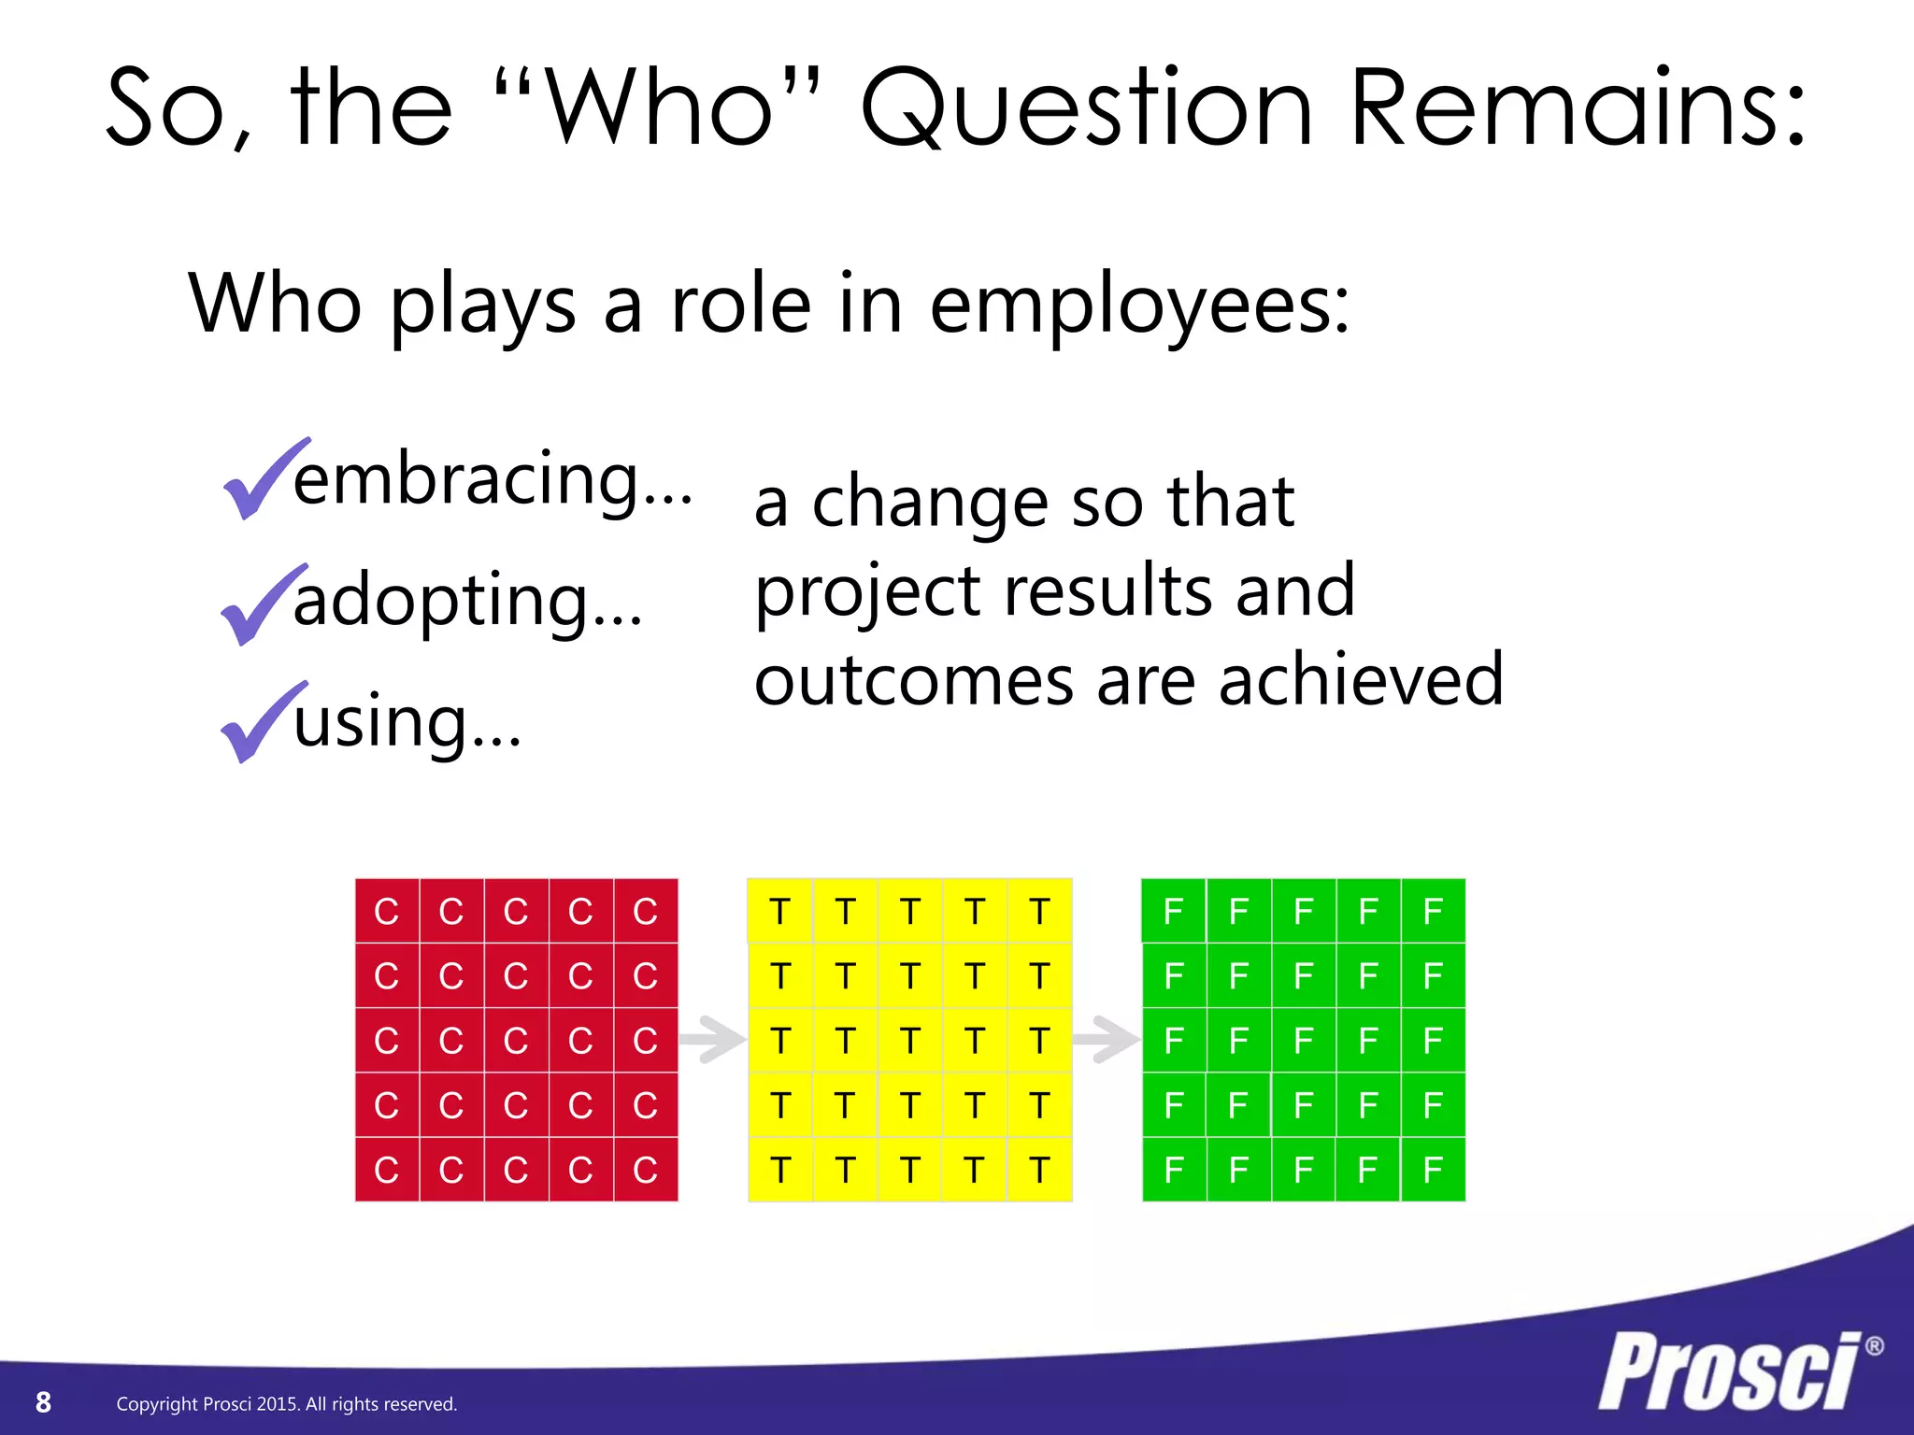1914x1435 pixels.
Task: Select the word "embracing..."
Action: click(x=493, y=479)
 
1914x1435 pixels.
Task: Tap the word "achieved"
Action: click(x=1361, y=680)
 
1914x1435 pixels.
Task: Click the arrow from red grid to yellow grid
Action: click(x=712, y=1039)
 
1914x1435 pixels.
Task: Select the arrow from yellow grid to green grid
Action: click(x=1107, y=1039)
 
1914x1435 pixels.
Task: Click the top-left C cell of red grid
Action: click(x=387, y=911)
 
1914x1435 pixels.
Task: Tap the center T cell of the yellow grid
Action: click(x=909, y=1040)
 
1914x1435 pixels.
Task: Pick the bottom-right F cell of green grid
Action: click(x=1433, y=1169)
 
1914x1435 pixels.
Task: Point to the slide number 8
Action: click(x=43, y=1402)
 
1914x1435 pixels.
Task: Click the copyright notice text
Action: click(x=286, y=1404)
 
